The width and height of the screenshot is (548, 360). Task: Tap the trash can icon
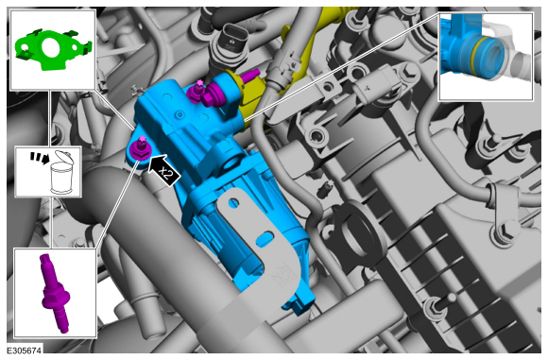(x=62, y=172)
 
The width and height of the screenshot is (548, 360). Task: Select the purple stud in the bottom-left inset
(x=55, y=293)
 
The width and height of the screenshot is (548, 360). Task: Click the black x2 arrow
(x=163, y=170)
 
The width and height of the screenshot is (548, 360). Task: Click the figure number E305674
(x=25, y=351)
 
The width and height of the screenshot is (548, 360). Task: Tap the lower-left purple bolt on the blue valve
(x=138, y=149)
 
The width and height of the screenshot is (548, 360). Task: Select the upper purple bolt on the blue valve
(x=197, y=92)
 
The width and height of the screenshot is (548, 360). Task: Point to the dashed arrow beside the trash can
(x=39, y=157)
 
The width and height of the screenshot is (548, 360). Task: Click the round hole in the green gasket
(x=52, y=47)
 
